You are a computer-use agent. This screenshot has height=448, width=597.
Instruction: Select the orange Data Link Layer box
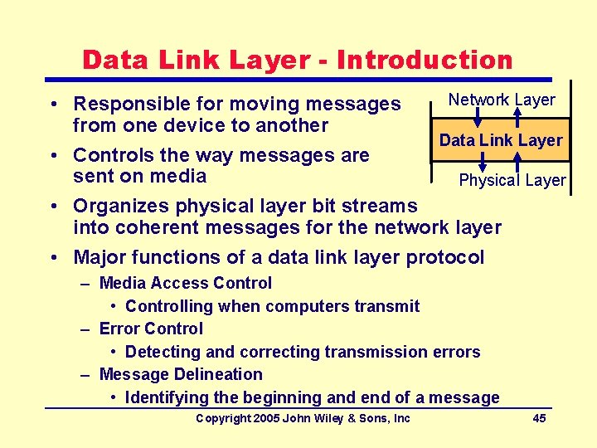pyautogui.click(x=501, y=140)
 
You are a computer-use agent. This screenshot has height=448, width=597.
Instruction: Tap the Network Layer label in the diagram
pyautogui.click(x=502, y=100)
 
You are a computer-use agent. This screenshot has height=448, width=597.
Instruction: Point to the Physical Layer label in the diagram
pyautogui.click(x=512, y=180)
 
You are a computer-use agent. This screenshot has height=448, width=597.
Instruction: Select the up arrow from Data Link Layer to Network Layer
pyautogui.click(x=517, y=115)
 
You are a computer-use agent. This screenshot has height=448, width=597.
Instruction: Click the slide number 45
pyautogui.click(x=539, y=418)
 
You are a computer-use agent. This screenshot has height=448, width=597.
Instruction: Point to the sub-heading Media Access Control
pyautogui.click(x=185, y=284)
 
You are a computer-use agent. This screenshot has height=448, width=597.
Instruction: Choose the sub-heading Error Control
pyautogui.click(x=151, y=329)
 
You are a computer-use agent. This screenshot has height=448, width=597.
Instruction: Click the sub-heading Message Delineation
pyautogui.click(x=180, y=374)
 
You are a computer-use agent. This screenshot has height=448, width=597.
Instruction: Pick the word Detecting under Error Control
pyautogui.click(x=163, y=352)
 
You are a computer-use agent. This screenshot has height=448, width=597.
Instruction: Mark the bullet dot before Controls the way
pyautogui.click(x=52, y=156)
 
